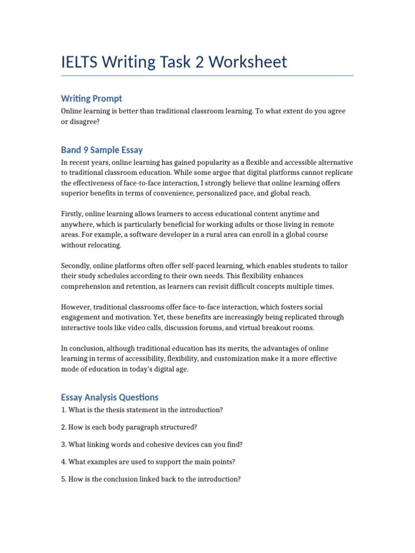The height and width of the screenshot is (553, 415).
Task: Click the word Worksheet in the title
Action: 248,62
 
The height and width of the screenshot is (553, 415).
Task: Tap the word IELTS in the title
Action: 80,62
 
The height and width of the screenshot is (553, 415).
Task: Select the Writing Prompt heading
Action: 91,98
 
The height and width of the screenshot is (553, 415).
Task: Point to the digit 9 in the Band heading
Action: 85,150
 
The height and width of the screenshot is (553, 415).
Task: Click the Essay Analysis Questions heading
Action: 110,397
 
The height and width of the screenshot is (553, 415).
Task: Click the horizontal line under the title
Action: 207,76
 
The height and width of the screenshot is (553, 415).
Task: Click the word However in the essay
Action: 76,307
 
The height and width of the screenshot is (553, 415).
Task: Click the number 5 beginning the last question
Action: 64,479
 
